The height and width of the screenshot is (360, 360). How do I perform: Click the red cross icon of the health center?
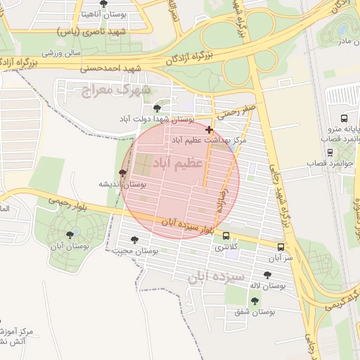tap(209, 129)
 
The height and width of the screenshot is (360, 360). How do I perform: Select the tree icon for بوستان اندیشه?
tap(124, 172)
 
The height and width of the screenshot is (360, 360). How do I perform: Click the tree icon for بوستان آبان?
tap(69, 235)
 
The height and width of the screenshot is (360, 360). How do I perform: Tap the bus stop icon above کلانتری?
tap(226, 236)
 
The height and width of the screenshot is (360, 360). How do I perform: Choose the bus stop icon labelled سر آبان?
tap(281, 247)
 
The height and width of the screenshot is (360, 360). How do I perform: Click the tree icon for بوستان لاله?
tap(267, 275)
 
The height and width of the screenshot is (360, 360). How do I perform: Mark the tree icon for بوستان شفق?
tap(255, 300)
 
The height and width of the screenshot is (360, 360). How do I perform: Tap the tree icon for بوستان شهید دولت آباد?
tap(156, 108)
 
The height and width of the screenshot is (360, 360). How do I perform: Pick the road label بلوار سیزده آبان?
tap(188, 226)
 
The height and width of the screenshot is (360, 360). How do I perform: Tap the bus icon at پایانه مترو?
tap(344, 118)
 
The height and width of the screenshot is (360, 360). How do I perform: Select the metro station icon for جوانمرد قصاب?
tap(330, 152)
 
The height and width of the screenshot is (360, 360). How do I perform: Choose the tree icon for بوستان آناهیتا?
tap(104, 4)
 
